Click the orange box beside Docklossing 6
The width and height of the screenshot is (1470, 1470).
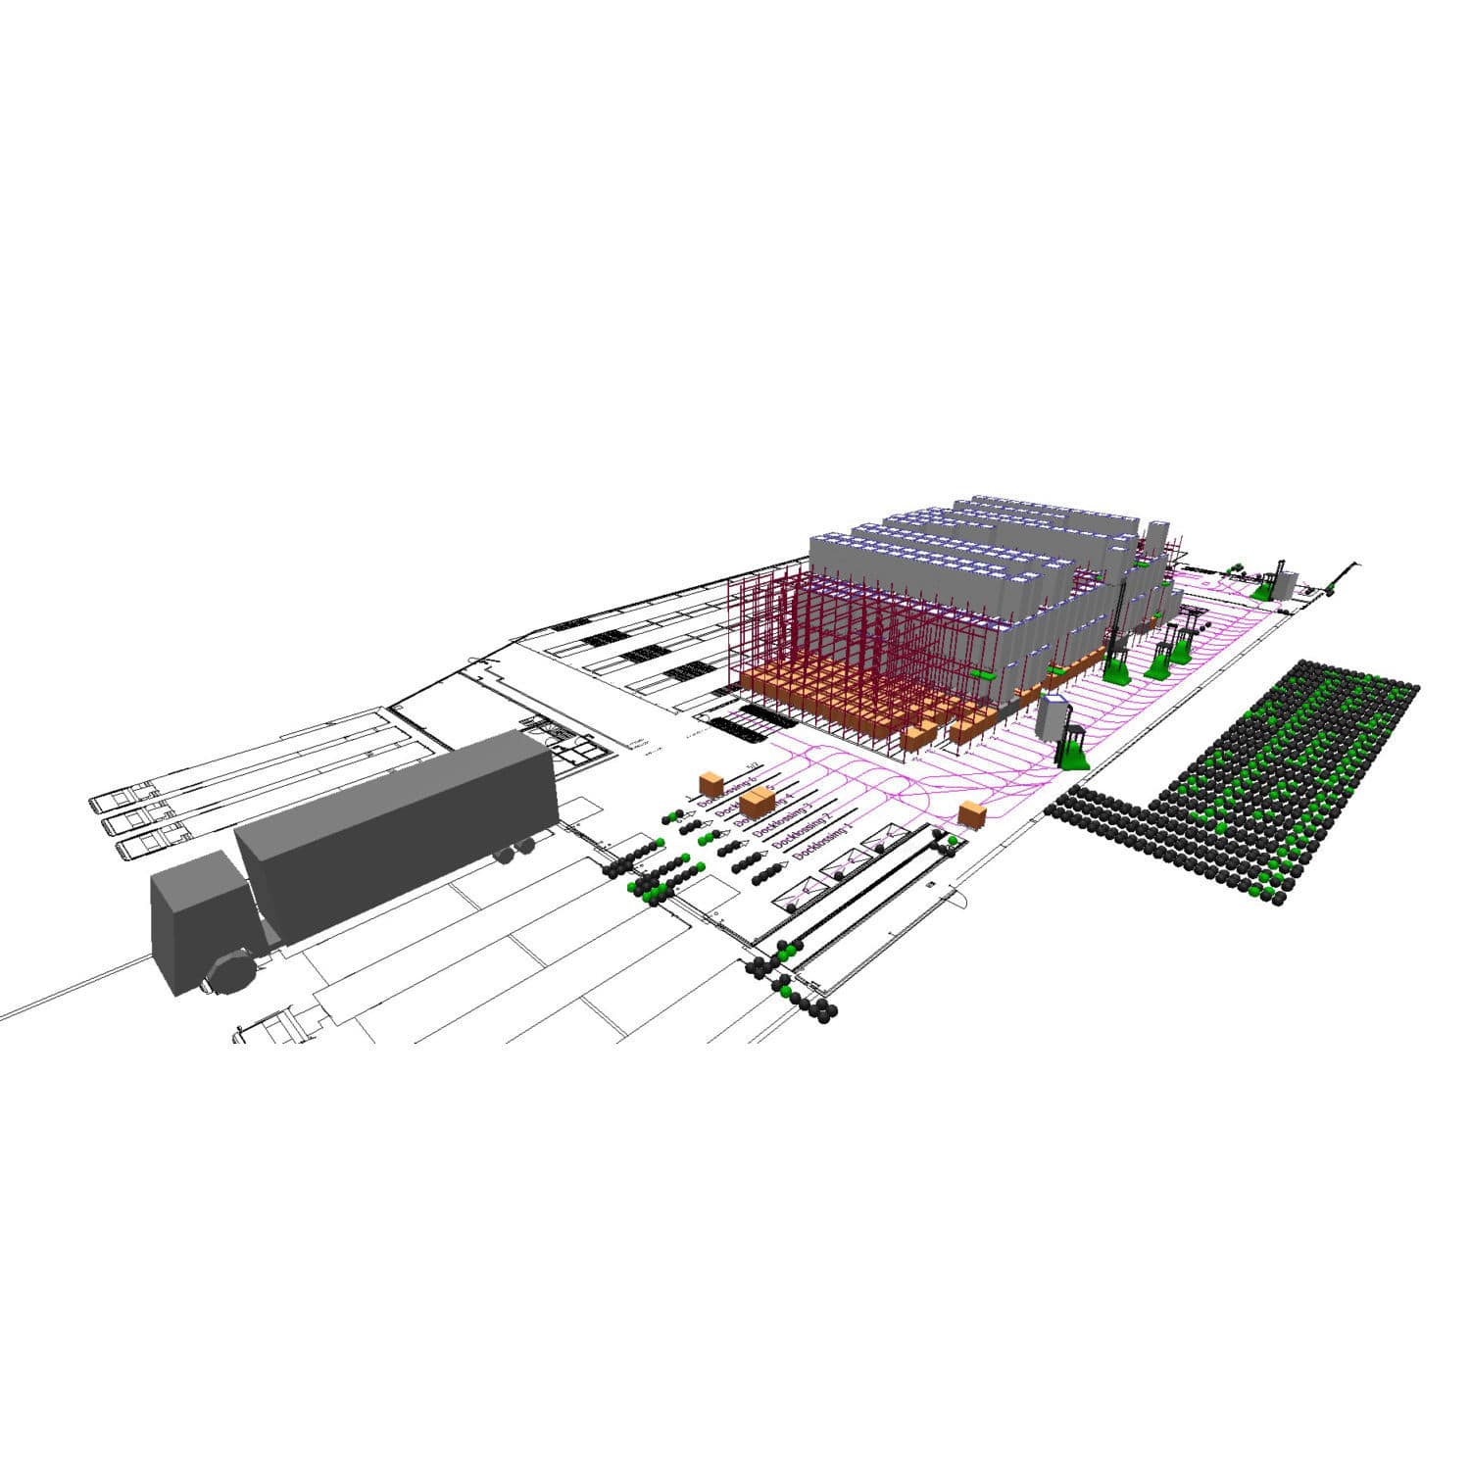click(711, 783)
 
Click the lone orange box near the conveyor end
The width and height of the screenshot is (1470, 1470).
click(971, 814)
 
